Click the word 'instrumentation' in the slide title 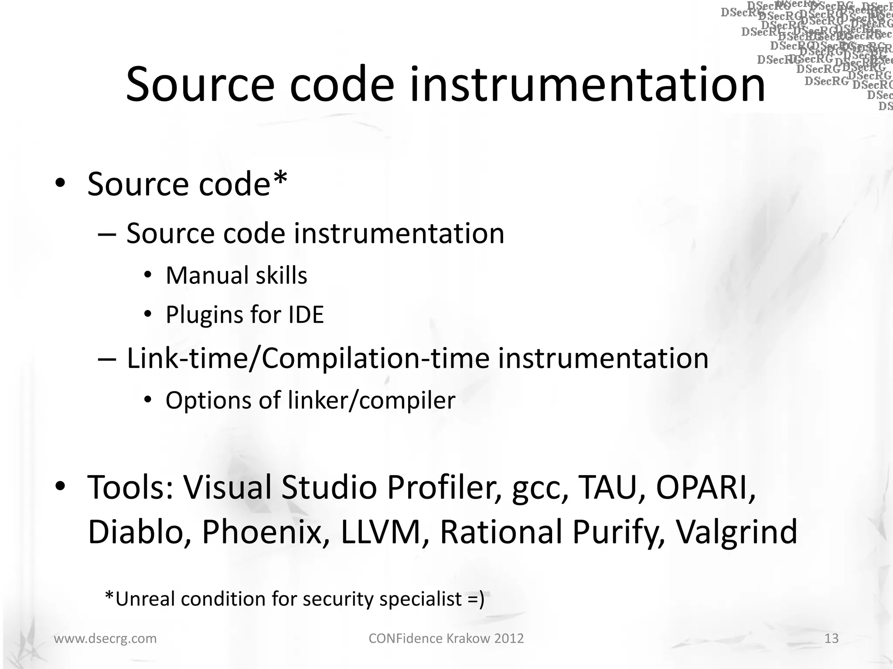(587, 85)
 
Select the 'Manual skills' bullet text (236, 276)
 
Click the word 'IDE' (306, 314)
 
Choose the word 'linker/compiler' (372, 400)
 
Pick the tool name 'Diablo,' (139, 532)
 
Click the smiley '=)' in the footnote (476, 599)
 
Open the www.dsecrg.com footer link (105, 639)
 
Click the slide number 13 (832, 639)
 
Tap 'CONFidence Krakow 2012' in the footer (446, 639)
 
